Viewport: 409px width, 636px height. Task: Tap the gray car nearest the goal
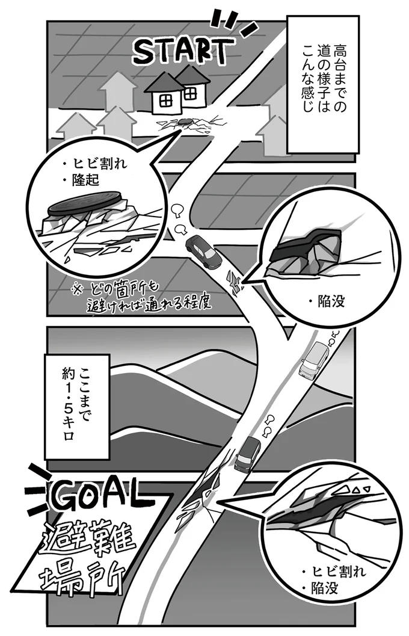pyautogui.click(x=247, y=454)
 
